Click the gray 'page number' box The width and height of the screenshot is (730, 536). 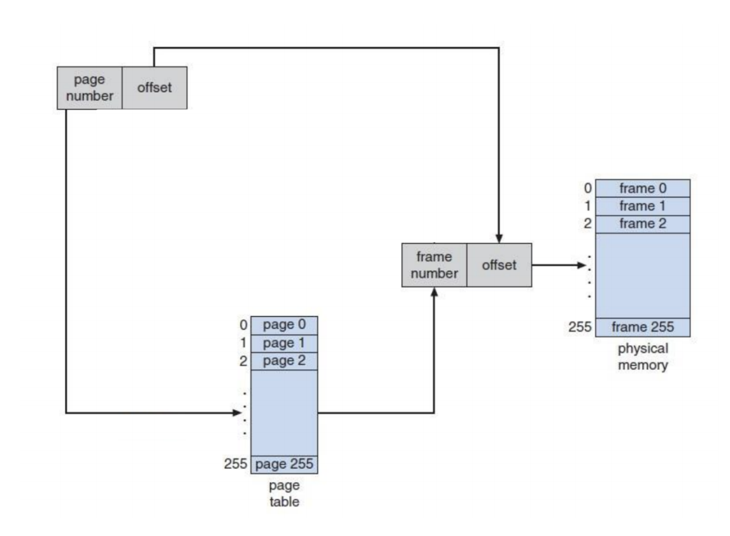(x=89, y=88)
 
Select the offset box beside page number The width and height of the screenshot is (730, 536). (x=154, y=88)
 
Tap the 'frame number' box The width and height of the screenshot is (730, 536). (x=434, y=265)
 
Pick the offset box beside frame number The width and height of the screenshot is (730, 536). (x=499, y=265)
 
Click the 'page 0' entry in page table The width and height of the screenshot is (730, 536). (x=284, y=325)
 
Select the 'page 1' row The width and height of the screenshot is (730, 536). (x=284, y=343)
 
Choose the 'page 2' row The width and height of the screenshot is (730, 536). (x=284, y=361)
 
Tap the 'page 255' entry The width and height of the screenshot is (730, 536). (x=284, y=465)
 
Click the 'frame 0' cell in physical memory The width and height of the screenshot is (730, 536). (x=642, y=188)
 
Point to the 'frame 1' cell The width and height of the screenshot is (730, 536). (x=642, y=206)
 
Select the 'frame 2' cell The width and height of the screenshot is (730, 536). (x=642, y=224)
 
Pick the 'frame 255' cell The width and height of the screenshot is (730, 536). (x=642, y=328)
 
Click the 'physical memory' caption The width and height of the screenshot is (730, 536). (x=642, y=357)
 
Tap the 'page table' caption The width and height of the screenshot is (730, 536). (x=284, y=493)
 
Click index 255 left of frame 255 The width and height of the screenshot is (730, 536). (x=580, y=328)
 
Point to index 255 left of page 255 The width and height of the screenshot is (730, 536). (x=235, y=465)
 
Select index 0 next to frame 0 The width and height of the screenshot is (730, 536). (x=587, y=188)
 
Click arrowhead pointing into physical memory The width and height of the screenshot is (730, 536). (x=581, y=265)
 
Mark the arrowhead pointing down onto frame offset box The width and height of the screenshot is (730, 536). (x=499, y=237)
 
